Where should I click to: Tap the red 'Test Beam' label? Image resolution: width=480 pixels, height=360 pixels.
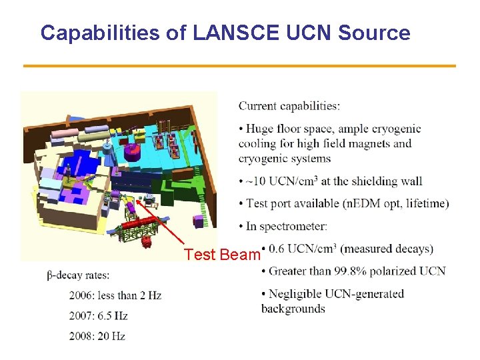point(222,255)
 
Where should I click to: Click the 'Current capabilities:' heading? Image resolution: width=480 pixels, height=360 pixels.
point(289,106)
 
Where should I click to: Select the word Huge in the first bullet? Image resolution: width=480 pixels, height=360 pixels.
point(259,129)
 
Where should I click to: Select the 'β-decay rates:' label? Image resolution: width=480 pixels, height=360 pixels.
point(79,275)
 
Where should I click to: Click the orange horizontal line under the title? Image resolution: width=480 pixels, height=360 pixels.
point(239,65)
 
